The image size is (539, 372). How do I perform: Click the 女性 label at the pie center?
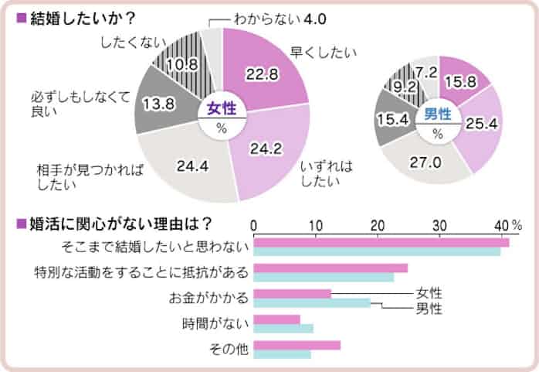pos(222,109)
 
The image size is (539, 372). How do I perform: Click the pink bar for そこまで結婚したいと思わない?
pos(381,242)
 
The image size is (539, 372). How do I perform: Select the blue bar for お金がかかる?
pos(312,302)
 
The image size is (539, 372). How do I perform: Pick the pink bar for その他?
pos(297,345)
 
